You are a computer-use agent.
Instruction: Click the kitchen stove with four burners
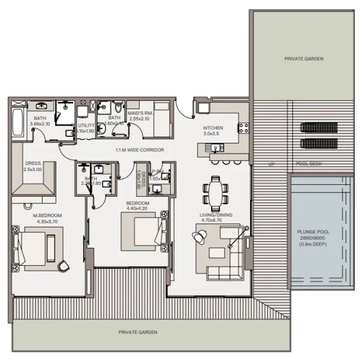pyautogui.click(x=243, y=128)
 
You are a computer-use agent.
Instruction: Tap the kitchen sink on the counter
pyautogui.click(x=215, y=148)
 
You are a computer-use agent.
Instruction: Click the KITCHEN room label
pyautogui.click(x=213, y=128)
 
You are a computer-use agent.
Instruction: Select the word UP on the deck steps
pyautogui.click(x=271, y=164)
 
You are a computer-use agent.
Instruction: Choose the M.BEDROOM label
pyautogui.click(x=46, y=215)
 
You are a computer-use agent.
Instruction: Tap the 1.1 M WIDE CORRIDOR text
pyautogui.click(x=140, y=149)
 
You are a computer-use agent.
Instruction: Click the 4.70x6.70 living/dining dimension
pyautogui.click(x=216, y=220)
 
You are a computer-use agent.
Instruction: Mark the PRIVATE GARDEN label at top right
pyautogui.click(x=304, y=59)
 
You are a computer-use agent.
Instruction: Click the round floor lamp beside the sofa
pyautogui.click(x=198, y=236)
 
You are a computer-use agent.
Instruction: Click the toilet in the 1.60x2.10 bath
pyautogui.click(x=119, y=108)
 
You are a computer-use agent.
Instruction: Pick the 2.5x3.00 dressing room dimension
pyautogui.click(x=33, y=169)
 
